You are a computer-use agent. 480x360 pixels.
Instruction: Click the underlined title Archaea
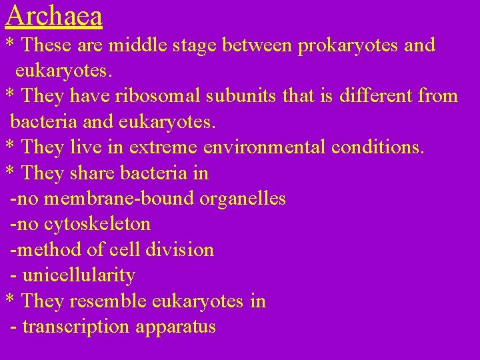pyautogui.click(x=54, y=15)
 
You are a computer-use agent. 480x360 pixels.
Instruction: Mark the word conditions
pyautogui.click(x=379, y=147)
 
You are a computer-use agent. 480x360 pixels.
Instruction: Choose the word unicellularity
pyautogui.click(x=79, y=275)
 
